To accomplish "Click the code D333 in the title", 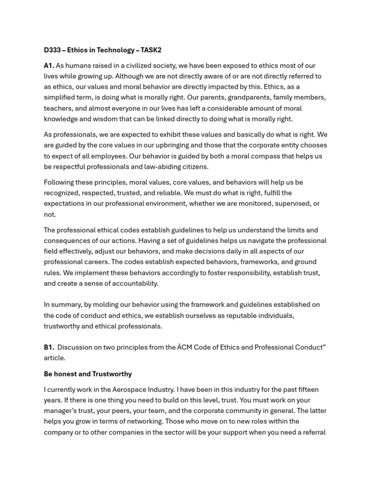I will point(52,50).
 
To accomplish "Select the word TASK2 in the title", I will point(151,50).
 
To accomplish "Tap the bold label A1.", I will point(49,66).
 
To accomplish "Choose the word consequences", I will point(67,241).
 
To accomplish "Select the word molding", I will point(109,305).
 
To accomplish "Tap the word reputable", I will point(245,316).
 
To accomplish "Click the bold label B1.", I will point(49,347).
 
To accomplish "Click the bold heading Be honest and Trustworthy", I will point(88,374).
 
